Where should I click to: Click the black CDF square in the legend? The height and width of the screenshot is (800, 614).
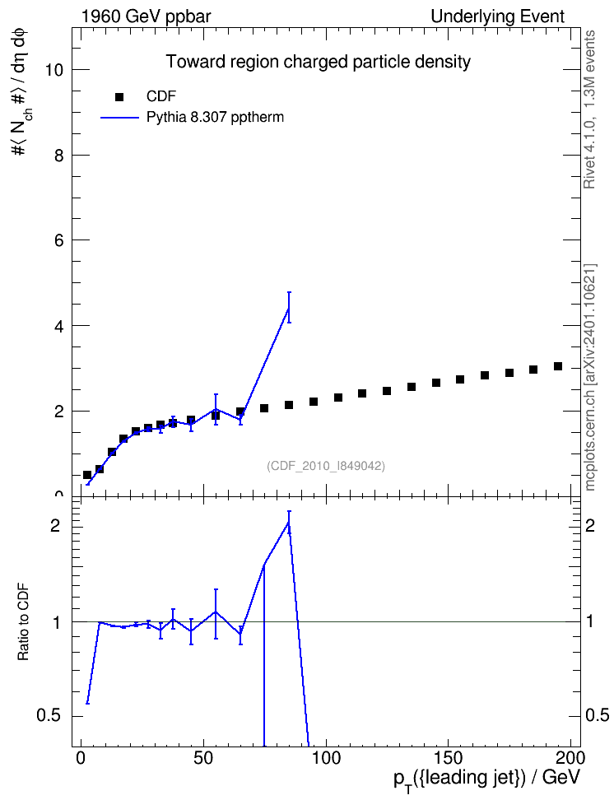(x=119, y=97)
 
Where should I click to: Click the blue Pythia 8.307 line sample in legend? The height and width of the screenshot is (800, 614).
(x=119, y=118)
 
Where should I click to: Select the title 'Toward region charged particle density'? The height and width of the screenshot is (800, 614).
(x=318, y=62)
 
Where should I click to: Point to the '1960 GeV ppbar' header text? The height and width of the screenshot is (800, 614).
(x=146, y=16)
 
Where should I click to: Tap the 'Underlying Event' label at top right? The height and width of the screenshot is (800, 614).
(x=498, y=16)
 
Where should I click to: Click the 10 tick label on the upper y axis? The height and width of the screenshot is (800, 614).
(x=53, y=70)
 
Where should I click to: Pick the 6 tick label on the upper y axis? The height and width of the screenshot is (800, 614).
(x=58, y=240)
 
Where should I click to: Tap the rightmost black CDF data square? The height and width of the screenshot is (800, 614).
(x=558, y=366)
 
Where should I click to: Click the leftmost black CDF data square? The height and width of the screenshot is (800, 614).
(x=87, y=475)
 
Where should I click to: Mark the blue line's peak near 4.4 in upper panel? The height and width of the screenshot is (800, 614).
(x=289, y=308)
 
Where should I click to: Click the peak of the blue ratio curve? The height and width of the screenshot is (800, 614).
(x=289, y=522)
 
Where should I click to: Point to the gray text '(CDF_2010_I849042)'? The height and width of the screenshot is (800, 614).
(x=326, y=466)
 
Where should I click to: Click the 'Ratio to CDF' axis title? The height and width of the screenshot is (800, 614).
(x=24, y=621)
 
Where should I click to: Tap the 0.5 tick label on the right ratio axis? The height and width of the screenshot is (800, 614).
(x=597, y=715)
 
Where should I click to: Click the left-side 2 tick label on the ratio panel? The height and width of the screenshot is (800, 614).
(x=55, y=525)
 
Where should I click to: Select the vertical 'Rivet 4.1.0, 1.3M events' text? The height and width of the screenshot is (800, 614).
(x=589, y=109)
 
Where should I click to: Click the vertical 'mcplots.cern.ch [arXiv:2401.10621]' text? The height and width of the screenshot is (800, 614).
(x=590, y=378)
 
